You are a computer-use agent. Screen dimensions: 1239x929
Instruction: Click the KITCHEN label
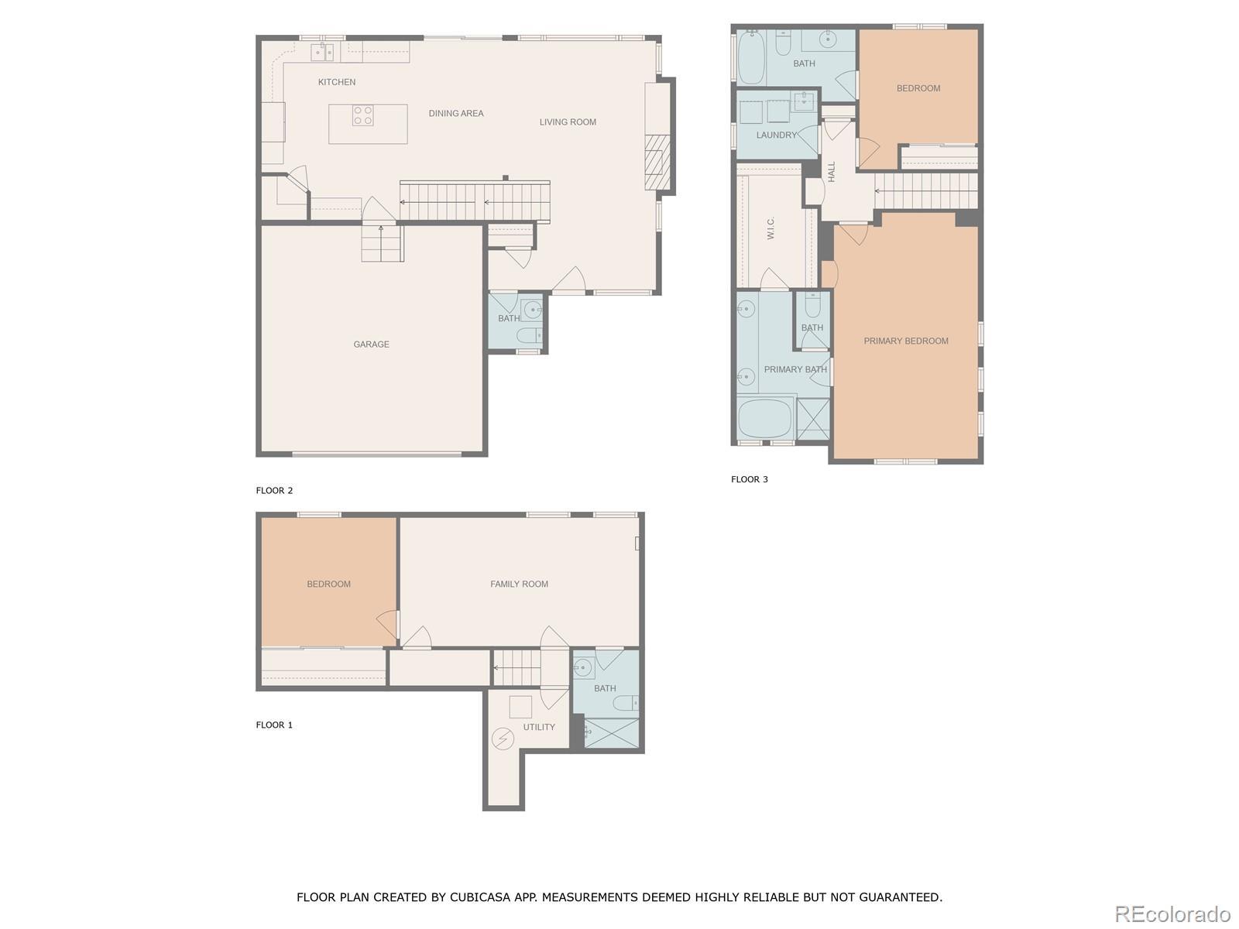[336, 82]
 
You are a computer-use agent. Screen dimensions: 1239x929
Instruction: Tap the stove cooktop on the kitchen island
[362, 115]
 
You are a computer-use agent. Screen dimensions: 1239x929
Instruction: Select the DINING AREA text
[455, 113]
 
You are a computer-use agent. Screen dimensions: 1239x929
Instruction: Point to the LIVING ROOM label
[568, 122]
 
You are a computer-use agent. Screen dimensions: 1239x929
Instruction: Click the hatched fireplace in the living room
[657, 163]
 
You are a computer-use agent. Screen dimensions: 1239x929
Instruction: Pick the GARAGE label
[371, 344]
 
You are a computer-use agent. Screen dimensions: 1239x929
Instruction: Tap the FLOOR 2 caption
[274, 490]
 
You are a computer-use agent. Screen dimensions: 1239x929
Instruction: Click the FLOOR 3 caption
[749, 479]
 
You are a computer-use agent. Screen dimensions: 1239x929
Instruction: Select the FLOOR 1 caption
[274, 725]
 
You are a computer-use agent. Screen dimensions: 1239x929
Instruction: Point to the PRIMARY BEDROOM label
[905, 341]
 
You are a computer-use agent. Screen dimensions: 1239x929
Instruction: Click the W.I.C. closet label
[771, 228]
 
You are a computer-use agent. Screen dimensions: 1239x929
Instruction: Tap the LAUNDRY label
[776, 135]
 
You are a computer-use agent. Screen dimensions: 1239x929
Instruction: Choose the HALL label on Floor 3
[831, 172]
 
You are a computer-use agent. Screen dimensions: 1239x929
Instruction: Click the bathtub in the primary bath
[765, 419]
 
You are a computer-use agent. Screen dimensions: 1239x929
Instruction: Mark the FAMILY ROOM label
[519, 584]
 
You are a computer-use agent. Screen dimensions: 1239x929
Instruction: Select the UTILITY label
[538, 727]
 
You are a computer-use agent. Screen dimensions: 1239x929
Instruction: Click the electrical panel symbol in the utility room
[503, 738]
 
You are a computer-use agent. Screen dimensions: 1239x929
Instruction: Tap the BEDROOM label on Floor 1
[328, 584]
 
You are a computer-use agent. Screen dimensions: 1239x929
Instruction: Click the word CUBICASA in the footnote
[480, 896]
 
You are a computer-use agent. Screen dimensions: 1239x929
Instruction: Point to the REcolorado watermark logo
[1172, 914]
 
